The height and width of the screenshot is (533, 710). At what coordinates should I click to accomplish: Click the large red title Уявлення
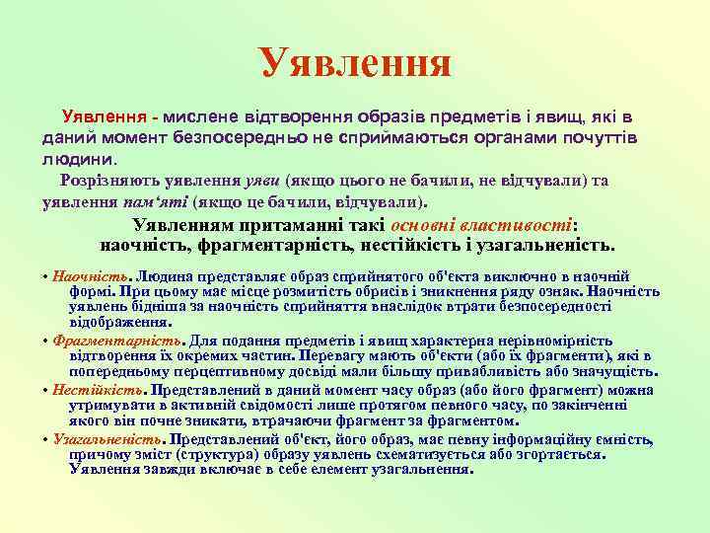[355, 62]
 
